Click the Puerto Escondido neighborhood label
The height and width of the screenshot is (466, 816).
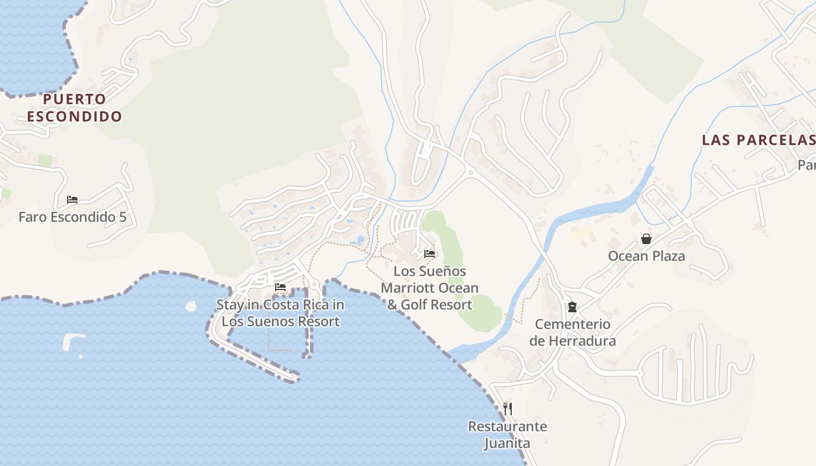coord(75,108)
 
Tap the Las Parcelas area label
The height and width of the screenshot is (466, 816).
coord(758,140)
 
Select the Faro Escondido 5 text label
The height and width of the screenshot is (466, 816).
coord(72,217)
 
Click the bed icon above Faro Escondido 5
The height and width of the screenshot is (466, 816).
coord(72,200)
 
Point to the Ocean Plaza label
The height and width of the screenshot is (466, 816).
coord(646,256)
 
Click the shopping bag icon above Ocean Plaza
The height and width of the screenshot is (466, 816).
coord(646,239)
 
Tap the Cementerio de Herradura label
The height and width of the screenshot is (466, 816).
coord(572,332)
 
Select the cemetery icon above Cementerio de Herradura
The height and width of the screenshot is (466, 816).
coord(572,307)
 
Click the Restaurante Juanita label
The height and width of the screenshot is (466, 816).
coord(507,435)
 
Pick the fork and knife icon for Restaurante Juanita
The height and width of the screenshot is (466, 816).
coord(508,409)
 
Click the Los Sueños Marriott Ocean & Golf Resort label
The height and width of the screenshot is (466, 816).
coord(430,288)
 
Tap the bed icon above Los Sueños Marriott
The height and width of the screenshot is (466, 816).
coord(430,254)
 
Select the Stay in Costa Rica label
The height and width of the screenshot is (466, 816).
coord(280,313)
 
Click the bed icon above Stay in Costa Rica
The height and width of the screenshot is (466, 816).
coord(280,287)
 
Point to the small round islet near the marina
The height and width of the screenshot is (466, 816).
coord(191,306)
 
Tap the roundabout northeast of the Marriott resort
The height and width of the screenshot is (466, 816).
coord(469,172)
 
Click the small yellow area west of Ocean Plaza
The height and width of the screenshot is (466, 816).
coord(581,235)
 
